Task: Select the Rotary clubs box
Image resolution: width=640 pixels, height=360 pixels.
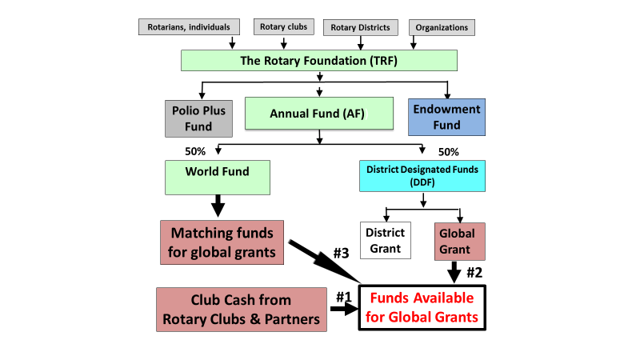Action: pyautogui.click(x=284, y=26)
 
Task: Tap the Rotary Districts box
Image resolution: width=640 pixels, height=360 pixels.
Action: pyautogui.click(x=361, y=27)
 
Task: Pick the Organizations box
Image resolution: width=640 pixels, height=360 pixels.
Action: pyautogui.click(x=442, y=27)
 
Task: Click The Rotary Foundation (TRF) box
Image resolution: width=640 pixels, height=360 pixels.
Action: pyautogui.click(x=319, y=61)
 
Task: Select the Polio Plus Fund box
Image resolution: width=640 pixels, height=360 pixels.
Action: pyautogui.click(x=199, y=118)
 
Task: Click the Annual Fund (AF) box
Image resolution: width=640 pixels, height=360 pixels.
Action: pyautogui.click(x=319, y=114)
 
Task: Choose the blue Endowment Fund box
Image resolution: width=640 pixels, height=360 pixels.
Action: pyautogui.click(x=447, y=117)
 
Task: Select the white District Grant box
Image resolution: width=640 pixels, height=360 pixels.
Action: pyautogui.click(x=385, y=241)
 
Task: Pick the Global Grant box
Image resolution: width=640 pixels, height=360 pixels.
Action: pyautogui.click(x=459, y=241)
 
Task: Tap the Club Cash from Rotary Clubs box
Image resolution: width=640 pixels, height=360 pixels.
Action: pyautogui.click(x=241, y=310)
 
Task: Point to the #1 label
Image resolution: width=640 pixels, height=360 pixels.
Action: pyautogui.click(x=343, y=296)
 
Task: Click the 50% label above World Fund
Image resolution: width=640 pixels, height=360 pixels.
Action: pyautogui.click(x=196, y=151)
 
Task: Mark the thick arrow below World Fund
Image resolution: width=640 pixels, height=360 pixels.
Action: pyautogui.click(x=217, y=205)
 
